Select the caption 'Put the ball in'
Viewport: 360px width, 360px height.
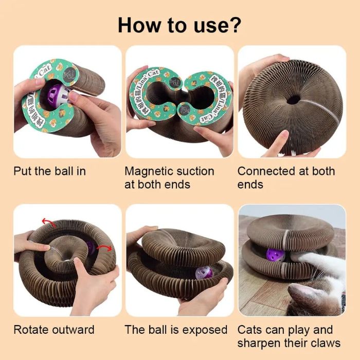click(49, 171)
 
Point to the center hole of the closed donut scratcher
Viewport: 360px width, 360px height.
click(293, 99)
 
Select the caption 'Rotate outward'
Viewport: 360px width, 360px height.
click(54, 330)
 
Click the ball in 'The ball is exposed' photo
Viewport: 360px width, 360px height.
click(203, 273)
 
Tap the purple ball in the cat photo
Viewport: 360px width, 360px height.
click(273, 255)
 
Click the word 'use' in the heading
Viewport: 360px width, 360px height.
click(208, 24)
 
